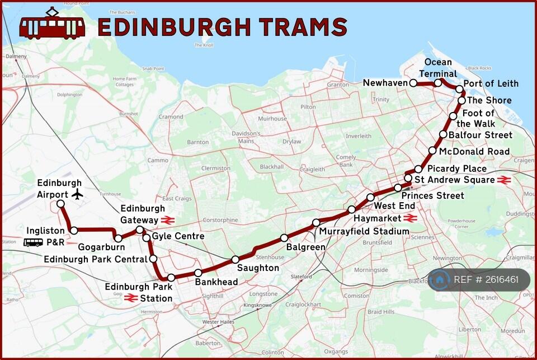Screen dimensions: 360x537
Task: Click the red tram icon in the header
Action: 52,25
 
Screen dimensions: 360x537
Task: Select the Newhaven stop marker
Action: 413,83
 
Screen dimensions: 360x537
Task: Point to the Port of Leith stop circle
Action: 459,89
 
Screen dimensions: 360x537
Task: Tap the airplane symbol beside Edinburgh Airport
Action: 77,194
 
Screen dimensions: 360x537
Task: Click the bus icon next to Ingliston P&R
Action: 33,242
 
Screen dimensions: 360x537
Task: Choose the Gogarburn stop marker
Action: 118,239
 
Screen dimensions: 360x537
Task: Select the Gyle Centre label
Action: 178,236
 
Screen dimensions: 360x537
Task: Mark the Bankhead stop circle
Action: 198,273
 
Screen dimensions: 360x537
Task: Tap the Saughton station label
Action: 258,268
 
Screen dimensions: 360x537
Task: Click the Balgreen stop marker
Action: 284,237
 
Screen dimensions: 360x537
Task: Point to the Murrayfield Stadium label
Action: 364,231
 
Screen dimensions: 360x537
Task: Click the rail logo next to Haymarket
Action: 410,218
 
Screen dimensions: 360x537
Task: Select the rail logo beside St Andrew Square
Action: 503,180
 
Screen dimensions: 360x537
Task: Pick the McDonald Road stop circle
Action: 432,151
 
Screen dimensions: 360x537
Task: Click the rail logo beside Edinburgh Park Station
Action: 131,298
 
